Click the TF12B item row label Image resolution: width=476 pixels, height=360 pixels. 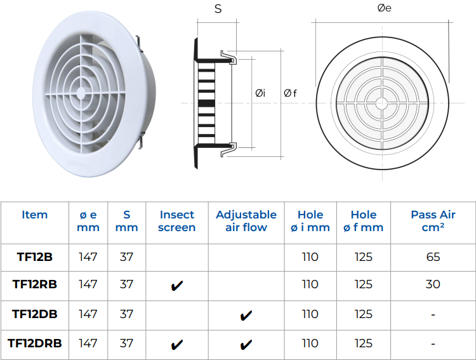pyautogui.click(x=35, y=257)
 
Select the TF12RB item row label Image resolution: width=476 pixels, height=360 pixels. pyautogui.click(x=35, y=284)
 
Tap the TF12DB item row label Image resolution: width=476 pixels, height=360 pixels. pyautogui.click(x=35, y=314)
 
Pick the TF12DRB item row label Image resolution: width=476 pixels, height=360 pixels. pyautogui.click(x=35, y=343)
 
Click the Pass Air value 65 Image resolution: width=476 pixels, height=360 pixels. pyautogui.click(x=433, y=257)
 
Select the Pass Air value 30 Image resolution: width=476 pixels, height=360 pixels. pyautogui.click(x=433, y=284)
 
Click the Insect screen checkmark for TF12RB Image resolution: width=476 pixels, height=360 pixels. pyautogui.click(x=177, y=286)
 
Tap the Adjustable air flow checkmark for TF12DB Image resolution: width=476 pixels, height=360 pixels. pyautogui.click(x=246, y=316)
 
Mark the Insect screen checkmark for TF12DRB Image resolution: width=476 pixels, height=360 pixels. pyautogui.click(x=177, y=345)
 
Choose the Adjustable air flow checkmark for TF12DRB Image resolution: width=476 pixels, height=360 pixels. pyautogui.click(x=246, y=345)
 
